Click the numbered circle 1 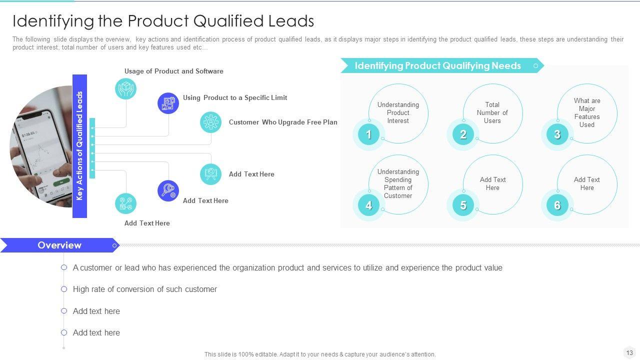[368, 134]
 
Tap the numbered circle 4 [368, 205]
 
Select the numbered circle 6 [557, 205]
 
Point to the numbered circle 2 [463, 134]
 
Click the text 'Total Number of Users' [492, 112]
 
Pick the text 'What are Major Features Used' [587, 112]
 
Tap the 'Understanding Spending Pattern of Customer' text [398, 183]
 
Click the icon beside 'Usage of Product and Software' [125, 88]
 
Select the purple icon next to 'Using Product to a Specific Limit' [168, 103]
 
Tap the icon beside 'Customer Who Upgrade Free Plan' [210, 122]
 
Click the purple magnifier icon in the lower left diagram [168, 190]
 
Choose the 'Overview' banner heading [59, 245]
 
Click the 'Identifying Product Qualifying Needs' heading [437, 65]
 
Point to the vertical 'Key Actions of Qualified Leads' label [79, 146]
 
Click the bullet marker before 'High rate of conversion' [64, 289]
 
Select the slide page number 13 [629, 352]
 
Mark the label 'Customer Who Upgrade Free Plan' [283, 122]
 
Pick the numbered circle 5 [463, 205]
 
